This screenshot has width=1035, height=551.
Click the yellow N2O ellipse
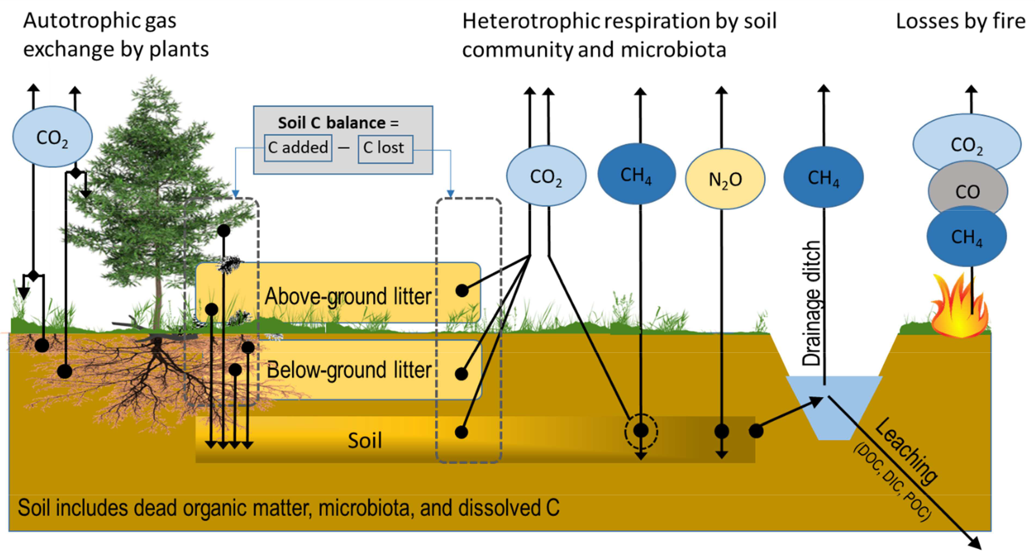point(725,179)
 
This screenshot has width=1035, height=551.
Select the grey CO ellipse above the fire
point(967,191)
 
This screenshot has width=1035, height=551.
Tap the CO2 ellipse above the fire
point(967,144)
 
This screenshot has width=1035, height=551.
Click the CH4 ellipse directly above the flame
point(967,237)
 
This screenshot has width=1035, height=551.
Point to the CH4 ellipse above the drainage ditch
point(823,177)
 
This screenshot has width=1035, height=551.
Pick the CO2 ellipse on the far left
point(52,137)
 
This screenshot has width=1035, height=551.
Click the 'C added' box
point(298,148)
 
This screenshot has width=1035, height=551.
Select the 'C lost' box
point(385,148)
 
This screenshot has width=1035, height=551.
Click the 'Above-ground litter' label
point(348,296)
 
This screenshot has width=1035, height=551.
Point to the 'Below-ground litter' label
point(349,370)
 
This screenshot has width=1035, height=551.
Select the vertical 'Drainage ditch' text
point(811,303)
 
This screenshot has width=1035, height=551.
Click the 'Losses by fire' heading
point(960,21)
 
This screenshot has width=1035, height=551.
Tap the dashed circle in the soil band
point(641,431)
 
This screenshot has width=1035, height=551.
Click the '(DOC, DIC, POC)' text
point(891,482)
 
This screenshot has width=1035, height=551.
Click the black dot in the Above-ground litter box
point(462,291)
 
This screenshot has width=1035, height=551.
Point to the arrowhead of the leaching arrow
point(975,543)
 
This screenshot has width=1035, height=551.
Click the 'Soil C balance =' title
point(338,123)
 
